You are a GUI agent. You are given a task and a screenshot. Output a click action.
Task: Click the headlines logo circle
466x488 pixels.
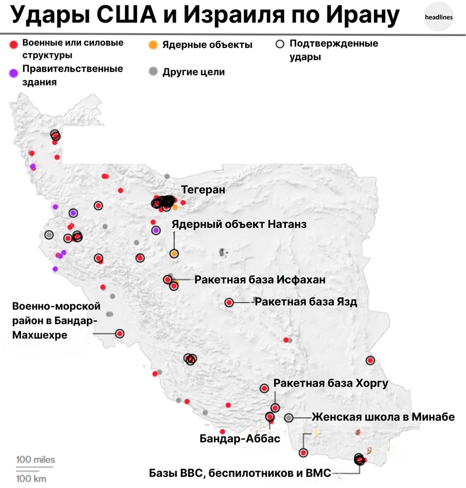(x=439, y=17)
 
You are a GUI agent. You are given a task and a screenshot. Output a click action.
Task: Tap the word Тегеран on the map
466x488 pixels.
(x=203, y=190)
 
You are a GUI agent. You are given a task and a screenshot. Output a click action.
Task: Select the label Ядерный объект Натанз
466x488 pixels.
(x=239, y=224)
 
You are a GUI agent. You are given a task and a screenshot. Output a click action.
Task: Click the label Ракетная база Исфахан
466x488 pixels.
(x=260, y=280)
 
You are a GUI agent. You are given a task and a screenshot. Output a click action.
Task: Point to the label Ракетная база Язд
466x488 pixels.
(x=306, y=302)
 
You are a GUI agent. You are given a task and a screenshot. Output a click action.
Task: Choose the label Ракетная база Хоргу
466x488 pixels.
(x=331, y=383)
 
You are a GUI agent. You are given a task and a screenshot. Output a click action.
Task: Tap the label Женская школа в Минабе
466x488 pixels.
(x=383, y=417)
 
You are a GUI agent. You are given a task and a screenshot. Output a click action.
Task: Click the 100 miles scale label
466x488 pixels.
(x=36, y=460)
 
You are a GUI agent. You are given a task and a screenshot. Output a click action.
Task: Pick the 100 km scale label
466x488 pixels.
(x=32, y=478)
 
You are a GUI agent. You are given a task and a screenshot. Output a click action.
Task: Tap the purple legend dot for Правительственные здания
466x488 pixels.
(x=14, y=73)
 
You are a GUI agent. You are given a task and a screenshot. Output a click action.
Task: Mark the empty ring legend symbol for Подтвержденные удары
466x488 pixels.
(x=280, y=44)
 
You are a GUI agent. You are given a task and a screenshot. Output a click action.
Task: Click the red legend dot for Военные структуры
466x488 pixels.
(x=14, y=44)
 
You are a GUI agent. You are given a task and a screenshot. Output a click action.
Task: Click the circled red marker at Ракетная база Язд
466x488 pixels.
(x=229, y=303)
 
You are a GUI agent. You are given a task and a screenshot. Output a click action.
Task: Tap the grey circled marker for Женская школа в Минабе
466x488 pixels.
(x=289, y=418)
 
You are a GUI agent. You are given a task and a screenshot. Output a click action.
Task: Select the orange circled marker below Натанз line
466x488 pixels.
(x=174, y=254)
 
